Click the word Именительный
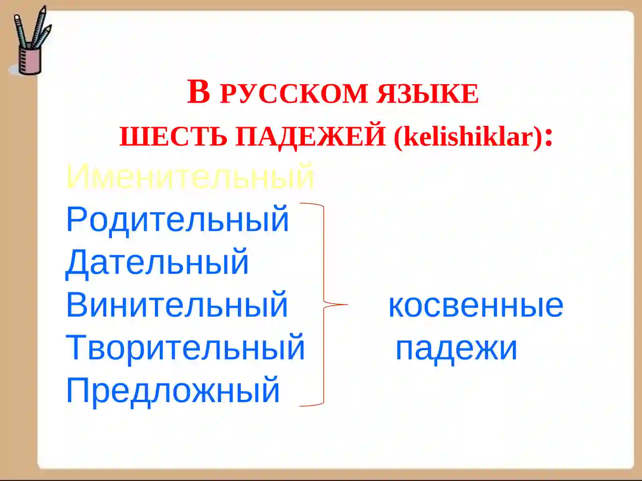pyautogui.click(x=189, y=176)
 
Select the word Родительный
pyautogui.click(x=177, y=219)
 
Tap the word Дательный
pyautogui.click(x=157, y=262)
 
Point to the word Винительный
pyautogui.click(x=177, y=305)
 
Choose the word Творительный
pyautogui.click(x=185, y=348)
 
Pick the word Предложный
pyautogui.click(x=173, y=390)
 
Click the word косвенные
pyautogui.click(x=476, y=305)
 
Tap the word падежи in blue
pyautogui.click(x=457, y=348)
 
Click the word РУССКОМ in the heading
pyautogui.click(x=294, y=94)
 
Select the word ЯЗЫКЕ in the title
pyautogui.click(x=428, y=94)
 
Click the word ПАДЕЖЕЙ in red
pyautogui.click(x=310, y=137)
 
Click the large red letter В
pyautogui.click(x=199, y=92)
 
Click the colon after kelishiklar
pyautogui.click(x=550, y=136)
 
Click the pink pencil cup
pyautogui.click(x=30, y=60)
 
